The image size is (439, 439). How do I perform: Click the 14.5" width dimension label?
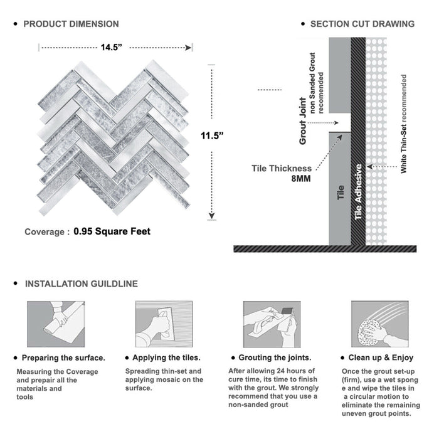(115, 47)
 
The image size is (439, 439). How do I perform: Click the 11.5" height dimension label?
(213, 135)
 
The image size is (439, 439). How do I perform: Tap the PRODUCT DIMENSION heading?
(71, 24)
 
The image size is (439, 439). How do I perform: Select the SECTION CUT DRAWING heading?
(362, 24)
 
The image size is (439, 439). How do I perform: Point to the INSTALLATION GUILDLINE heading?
(81, 283)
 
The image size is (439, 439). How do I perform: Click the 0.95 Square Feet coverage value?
(112, 231)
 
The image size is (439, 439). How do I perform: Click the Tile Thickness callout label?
(282, 168)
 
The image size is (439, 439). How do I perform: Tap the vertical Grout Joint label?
(303, 121)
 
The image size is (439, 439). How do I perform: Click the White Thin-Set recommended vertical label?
(405, 124)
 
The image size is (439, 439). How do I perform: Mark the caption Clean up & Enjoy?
(381, 358)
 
